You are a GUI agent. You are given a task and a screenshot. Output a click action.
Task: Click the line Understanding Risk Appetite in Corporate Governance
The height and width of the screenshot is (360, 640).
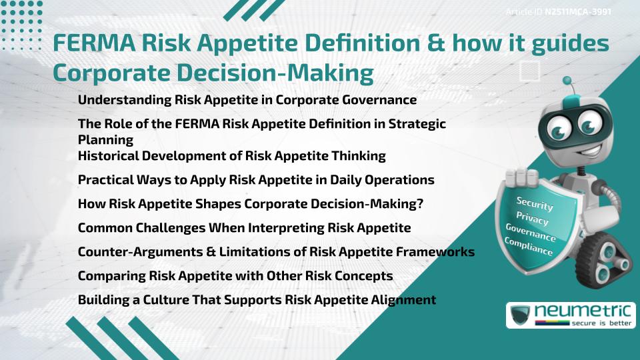point(247,100)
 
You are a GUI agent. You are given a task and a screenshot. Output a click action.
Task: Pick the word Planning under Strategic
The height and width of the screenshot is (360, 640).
point(105,140)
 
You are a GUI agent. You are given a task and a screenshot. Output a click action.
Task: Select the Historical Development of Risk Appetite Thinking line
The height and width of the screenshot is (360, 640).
point(232,156)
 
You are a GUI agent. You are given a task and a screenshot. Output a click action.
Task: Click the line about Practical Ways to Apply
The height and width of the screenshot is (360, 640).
point(256,180)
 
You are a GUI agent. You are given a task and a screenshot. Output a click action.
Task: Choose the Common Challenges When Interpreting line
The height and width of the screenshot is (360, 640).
point(244,228)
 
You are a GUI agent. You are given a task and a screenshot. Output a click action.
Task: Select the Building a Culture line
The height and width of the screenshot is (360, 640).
point(257,300)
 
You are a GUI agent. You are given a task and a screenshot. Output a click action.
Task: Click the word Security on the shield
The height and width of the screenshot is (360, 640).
point(534,203)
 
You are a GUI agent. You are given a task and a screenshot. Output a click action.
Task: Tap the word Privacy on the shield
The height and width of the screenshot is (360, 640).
point(532,219)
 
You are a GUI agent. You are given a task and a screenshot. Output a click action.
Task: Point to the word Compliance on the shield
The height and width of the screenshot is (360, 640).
point(529,247)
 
